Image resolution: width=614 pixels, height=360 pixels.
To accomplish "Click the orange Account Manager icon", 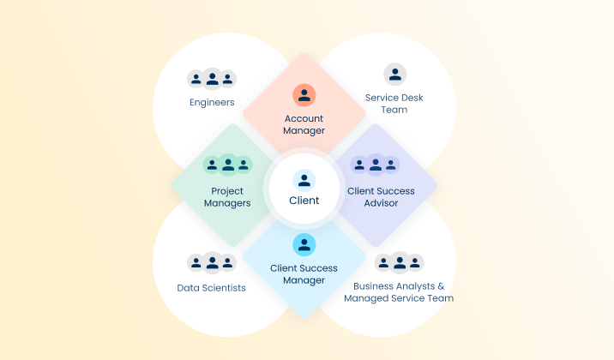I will pyautogui.click(x=304, y=94).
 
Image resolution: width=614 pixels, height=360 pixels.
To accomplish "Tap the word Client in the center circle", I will pyautogui.click(x=304, y=201).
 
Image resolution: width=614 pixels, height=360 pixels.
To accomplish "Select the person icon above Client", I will pyautogui.click(x=304, y=180).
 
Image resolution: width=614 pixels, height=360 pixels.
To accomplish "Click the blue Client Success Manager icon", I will pyautogui.click(x=304, y=245).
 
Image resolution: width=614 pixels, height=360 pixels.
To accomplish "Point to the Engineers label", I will pyautogui.click(x=212, y=103).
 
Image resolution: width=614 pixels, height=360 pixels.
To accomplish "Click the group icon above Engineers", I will pyautogui.click(x=212, y=79).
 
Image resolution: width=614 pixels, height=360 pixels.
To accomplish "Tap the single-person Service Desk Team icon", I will pyautogui.click(x=394, y=75).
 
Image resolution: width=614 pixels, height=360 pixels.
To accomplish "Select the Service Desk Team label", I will pyautogui.click(x=394, y=104).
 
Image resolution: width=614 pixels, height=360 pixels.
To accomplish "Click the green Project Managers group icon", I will pyautogui.click(x=227, y=164).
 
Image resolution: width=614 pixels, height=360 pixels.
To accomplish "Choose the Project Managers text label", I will pyautogui.click(x=227, y=197).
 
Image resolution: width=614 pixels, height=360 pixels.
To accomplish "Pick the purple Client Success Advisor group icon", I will pyautogui.click(x=375, y=164).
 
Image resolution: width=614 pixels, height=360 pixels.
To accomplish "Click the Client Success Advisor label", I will pyautogui.click(x=382, y=197).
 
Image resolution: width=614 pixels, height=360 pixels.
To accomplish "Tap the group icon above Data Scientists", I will pyautogui.click(x=212, y=262).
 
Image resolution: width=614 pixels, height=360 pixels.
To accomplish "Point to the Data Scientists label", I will pyautogui.click(x=212, y=288).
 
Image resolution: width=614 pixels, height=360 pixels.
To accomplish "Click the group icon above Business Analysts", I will pyautogui.click(x=399, y=262).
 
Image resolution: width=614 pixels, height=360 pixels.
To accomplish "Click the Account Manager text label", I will pyautogui.click(x=304, y=124).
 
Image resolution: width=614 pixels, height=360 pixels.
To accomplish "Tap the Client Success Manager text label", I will pyautogui.click(x=304, y=274).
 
